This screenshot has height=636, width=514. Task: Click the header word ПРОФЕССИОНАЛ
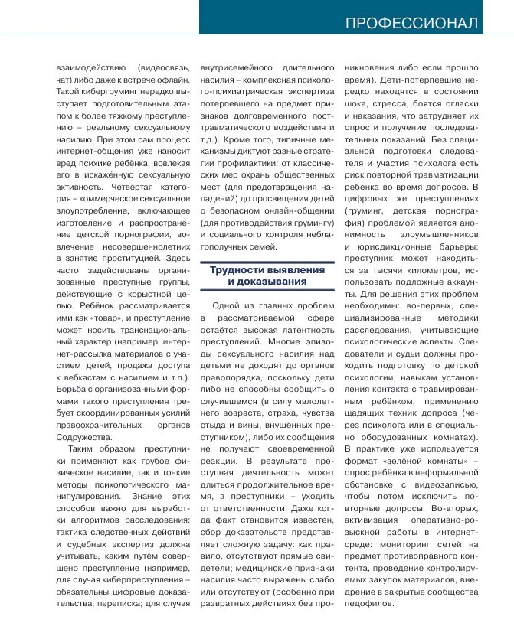tap(412, 22)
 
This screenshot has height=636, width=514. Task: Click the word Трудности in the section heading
tap(241, 270)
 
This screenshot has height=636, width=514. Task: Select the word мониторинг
tap(400, 542)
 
